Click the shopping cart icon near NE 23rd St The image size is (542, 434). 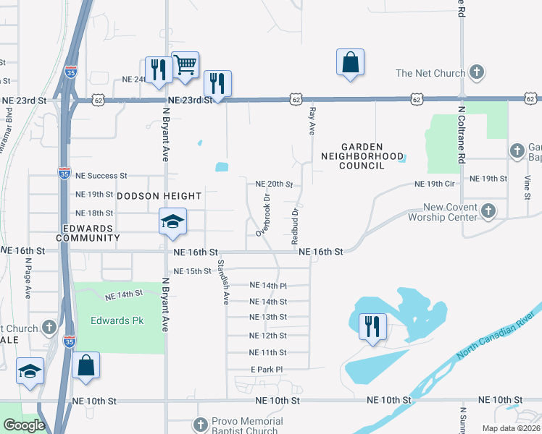[x=185, y=65]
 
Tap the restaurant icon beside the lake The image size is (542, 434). [x=372, y=326]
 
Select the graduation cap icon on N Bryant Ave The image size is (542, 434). [x=173, y=222]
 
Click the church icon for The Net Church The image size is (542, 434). [x=477, y=72]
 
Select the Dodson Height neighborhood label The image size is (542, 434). [x=158, y=195]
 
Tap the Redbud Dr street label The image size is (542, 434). [x=295, y=226]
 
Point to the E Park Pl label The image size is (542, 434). [x=266, y=370]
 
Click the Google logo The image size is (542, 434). [x=24, y=425]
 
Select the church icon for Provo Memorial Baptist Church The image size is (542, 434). [x=201, y=423]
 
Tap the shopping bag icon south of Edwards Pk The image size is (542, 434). [x=86, y=367]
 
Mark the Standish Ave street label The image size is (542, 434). [x=224, y=282]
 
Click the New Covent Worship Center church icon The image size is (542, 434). [x=488, y=210]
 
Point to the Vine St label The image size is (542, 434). [x=528, y=184]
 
